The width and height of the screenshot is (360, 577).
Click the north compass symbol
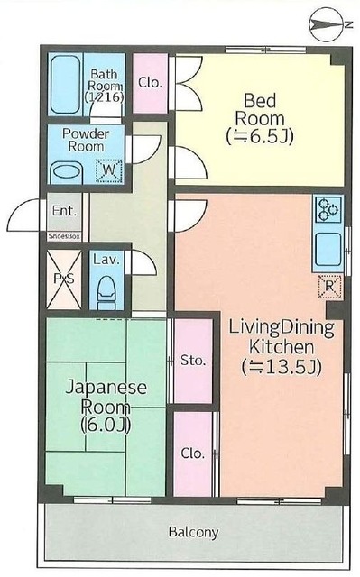point(327,24)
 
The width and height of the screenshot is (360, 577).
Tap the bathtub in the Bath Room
point(66,85)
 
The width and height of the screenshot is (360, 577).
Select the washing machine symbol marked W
point(108,170)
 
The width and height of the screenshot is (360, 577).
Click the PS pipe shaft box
point(64,279)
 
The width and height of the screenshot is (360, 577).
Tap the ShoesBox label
point(64,236)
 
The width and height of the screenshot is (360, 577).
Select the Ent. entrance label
point(64,211)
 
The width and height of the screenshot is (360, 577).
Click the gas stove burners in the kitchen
point(328,209)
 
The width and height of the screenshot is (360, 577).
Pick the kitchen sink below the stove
point(328,249)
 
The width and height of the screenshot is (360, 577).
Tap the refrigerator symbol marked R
point(329,286)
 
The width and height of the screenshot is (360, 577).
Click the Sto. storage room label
point(193,361)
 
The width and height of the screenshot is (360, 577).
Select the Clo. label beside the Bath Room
point(150,82)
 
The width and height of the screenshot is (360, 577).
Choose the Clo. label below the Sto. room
point(193,453)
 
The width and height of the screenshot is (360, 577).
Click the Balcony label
point(194,532)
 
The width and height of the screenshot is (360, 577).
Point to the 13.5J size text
point(282,367)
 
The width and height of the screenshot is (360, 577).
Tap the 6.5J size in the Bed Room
point(260,136)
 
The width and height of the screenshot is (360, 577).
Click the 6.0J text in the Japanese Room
point(106,425)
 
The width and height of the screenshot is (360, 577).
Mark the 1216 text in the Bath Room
point(104,97)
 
